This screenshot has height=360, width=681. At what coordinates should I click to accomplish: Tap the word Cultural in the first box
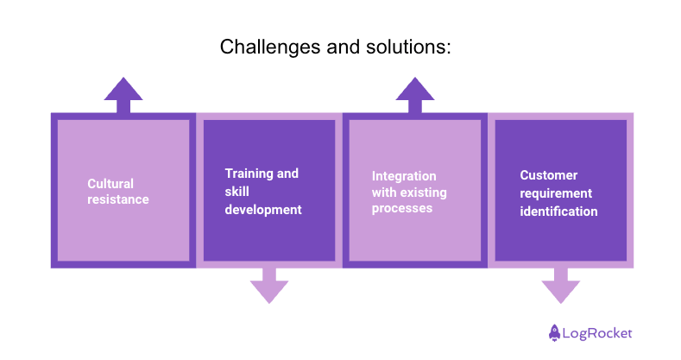pyautogui.click(x=110, y=183)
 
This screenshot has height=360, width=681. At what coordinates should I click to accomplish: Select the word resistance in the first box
pyautogui.click(x=118, y=199)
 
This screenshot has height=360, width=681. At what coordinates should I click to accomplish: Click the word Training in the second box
pyautogui.click(x=249, y=174)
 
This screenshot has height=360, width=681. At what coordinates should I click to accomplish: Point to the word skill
pyautogui.click(x=237, y=191)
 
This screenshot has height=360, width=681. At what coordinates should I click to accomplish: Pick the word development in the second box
pyautogui.click(x=263, y=209)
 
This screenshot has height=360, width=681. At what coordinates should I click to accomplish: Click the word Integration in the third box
pyautogui.click(x=404, y=176)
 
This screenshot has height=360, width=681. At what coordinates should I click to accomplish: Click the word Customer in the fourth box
pyautogui.click(x=549, y=174)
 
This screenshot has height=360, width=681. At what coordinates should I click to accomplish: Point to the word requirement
pyautogui.click(x=556, y=193)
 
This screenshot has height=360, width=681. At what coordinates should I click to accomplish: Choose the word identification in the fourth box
pyautogui.click(x=558, y=211)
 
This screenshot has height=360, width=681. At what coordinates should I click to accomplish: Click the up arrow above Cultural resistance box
pyautogui.click(x=123, y=94)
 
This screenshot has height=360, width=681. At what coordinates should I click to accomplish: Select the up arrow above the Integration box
pyautogui.click(x=415, y=94)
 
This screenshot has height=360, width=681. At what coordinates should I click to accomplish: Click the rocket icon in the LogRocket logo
pyautogui.click(x=554, y=332)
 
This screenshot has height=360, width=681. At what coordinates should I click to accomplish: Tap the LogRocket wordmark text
pyautogui.click(x=597, y=332)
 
